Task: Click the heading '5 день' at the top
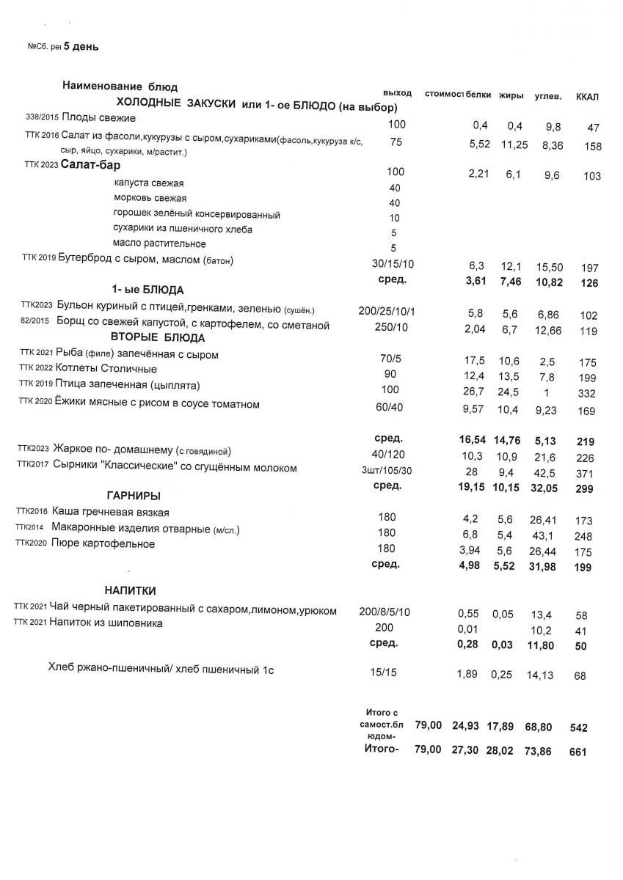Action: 81,47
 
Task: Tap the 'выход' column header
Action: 397,93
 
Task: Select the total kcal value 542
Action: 579,728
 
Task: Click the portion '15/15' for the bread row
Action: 385,670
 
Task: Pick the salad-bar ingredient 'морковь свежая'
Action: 150,198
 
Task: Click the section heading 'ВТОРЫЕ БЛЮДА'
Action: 158,338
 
